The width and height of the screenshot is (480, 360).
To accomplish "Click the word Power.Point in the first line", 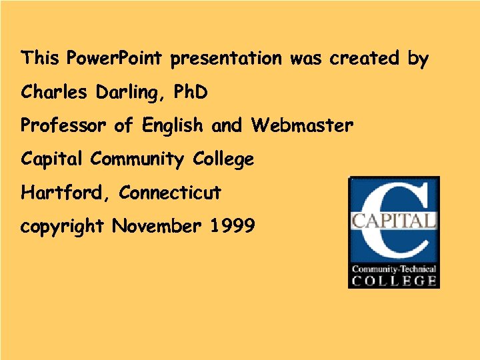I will point(114,59).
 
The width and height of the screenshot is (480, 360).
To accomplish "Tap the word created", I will point(363,59).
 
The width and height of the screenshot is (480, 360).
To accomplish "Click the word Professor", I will point(65,125).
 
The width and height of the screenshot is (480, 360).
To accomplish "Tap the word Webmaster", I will point(302,125).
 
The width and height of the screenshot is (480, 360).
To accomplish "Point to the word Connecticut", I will point(170,193).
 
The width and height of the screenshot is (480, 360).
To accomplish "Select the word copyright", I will point(63,227).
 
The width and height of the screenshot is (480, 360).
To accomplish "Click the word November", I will point(156,226).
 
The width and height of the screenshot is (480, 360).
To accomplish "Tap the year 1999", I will point(232,226).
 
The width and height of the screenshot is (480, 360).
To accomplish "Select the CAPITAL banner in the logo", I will point(394,221).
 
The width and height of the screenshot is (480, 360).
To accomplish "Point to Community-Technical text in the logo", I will point(394,269).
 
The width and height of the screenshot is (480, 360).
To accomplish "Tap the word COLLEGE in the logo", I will point(394,281).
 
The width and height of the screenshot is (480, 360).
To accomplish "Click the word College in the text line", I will point(223,159).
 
